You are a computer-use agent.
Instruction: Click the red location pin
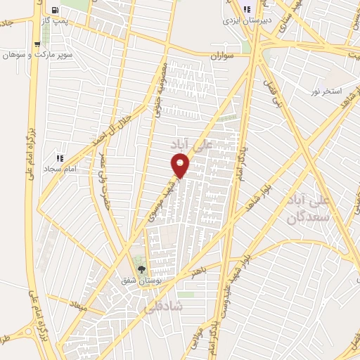[x=180, y=166]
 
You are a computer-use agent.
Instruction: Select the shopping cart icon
[x=37, y=44]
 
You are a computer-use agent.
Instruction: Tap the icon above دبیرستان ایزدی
[x=247, y=9]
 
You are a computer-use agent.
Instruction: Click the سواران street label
[x=222, y=54]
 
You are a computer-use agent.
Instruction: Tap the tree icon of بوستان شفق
[x=142, y=269]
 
